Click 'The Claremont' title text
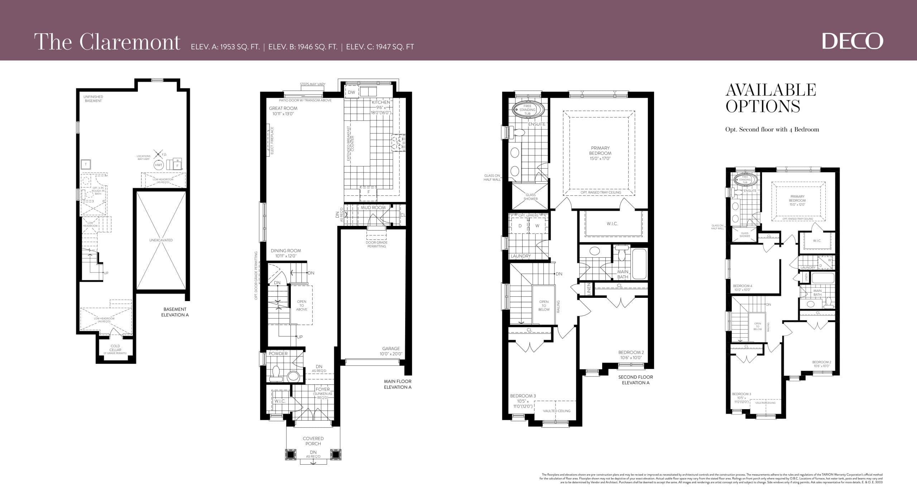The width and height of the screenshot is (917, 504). point(107,42)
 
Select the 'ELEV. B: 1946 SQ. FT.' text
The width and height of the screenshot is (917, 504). point(303,47)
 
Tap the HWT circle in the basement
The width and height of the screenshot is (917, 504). point(159,165)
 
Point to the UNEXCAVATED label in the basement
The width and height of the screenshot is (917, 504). point(161,240)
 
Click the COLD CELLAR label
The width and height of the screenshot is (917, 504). point(115,348)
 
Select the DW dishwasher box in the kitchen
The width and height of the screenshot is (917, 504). point(351,92)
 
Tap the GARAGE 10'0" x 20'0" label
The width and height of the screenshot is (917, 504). point(391,351)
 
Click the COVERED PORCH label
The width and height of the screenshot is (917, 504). point(313,441)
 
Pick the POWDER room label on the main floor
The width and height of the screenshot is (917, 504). point(278,353)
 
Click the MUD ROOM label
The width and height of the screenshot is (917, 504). point(373,208)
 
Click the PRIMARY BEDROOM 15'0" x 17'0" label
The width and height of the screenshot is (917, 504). point(600,153)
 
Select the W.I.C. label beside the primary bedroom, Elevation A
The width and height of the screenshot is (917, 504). point(612,224)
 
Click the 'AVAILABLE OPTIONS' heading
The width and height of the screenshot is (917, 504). point(770,98)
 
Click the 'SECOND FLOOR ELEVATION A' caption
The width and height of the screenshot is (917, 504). point(635,380)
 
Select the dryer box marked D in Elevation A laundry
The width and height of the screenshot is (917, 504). point(520,226)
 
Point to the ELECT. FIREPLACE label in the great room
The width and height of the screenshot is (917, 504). point(272,141)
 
